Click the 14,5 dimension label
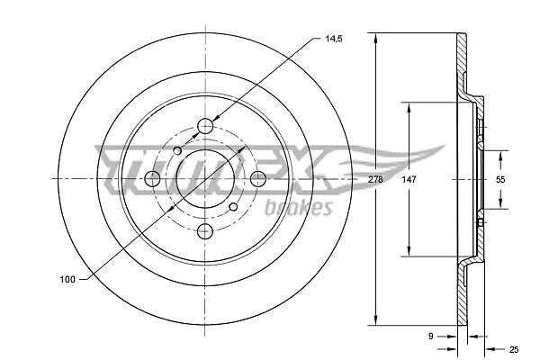coord(334,39)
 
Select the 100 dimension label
coord(67,279)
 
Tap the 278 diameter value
coord(375,179)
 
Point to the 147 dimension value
coord(409,179)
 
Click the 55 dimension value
coord(500,179)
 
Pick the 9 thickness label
coord(430,337)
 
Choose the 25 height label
coord(514,350)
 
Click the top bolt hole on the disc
coord(205,126)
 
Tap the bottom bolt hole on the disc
coord(205,231)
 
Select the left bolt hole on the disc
coord(152,179)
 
